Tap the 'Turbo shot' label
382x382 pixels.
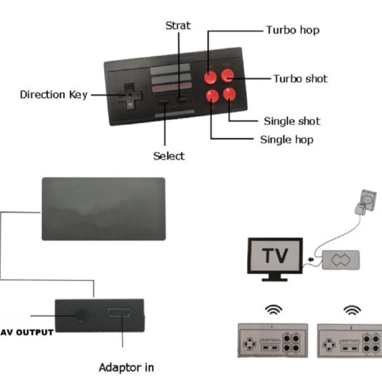click(x=300, y=79)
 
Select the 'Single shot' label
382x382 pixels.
click(x=291, y=121)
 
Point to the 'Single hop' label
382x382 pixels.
click(x=286, y=140)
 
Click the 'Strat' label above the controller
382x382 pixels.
click(x=177, y=26)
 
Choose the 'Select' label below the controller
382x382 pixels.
click(x=169, y=156)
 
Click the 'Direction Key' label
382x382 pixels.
click(x=53, y=95)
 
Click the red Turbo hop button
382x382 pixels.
click(x=211, y=77)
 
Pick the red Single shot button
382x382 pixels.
click(x=229, y=94)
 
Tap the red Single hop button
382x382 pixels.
click(x=212, y=96)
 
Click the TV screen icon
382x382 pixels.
click(x=274, y=256)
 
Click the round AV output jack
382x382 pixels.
click(x=81, y=315)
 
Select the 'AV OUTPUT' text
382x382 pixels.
click(x=27, y=332)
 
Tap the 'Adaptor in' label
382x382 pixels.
click(x=126, y=367)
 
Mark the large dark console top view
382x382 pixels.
click(x=103, y=208)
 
